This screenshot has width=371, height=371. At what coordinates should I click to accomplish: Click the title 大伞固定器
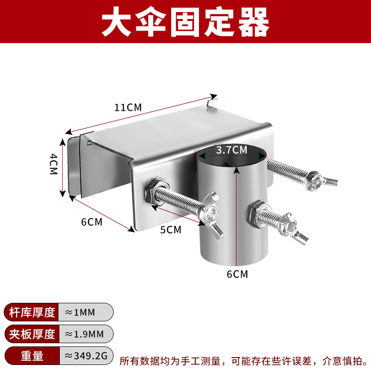pyautogui.click(x=185, y=22)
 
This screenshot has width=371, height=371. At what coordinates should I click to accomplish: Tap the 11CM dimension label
pyautogui.click(x=128, y=107)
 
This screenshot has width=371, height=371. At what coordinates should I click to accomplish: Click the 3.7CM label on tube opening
pyautogui.click(x=232, y=150)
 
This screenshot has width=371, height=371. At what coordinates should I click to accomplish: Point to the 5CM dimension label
pyautogui.click(x=170, y=229)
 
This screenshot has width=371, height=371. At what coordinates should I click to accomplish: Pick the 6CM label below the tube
pyautogui.click(x=237, y=274)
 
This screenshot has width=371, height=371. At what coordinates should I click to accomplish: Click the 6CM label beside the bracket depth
pyautogui.click(x=91, y=222)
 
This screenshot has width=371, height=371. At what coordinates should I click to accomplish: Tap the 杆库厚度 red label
pyautogui.click(x=32, y=312)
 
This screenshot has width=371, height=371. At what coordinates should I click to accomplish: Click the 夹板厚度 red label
pyautogui.click(x=32, y=334)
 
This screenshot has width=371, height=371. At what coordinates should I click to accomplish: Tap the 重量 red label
pyautogui.click(x=32, y=356)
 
